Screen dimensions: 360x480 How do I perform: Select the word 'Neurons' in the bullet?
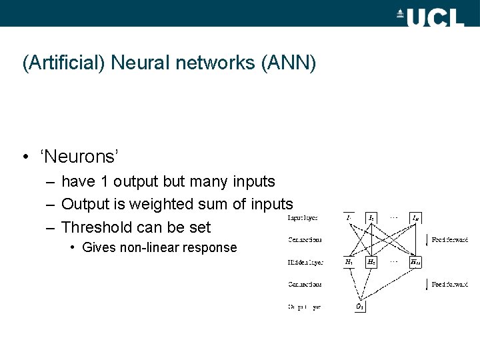pyautogui.click(x=79, y=157)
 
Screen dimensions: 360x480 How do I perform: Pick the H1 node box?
pyautogui.click(x=349, y=263)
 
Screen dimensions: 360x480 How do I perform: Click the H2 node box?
pyautogui.click(x=371, y=263)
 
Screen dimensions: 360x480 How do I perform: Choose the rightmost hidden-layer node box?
pyautogui.click(x=415, y=263)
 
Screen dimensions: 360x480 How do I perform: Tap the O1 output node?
pyautogui.click(x=359, y=307)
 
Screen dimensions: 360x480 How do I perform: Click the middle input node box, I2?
pyautogui.click(x=371, y=217)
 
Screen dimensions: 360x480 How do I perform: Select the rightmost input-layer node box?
pyautogui.click(x=415, y=217)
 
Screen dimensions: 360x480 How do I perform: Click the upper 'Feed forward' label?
pyautogui.click(x=450, y=239)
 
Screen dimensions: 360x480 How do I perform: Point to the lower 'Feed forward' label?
pyautogui.click(x=450, y=285)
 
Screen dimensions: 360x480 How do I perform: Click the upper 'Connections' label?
pyautogui.click(x=305, y=239)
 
